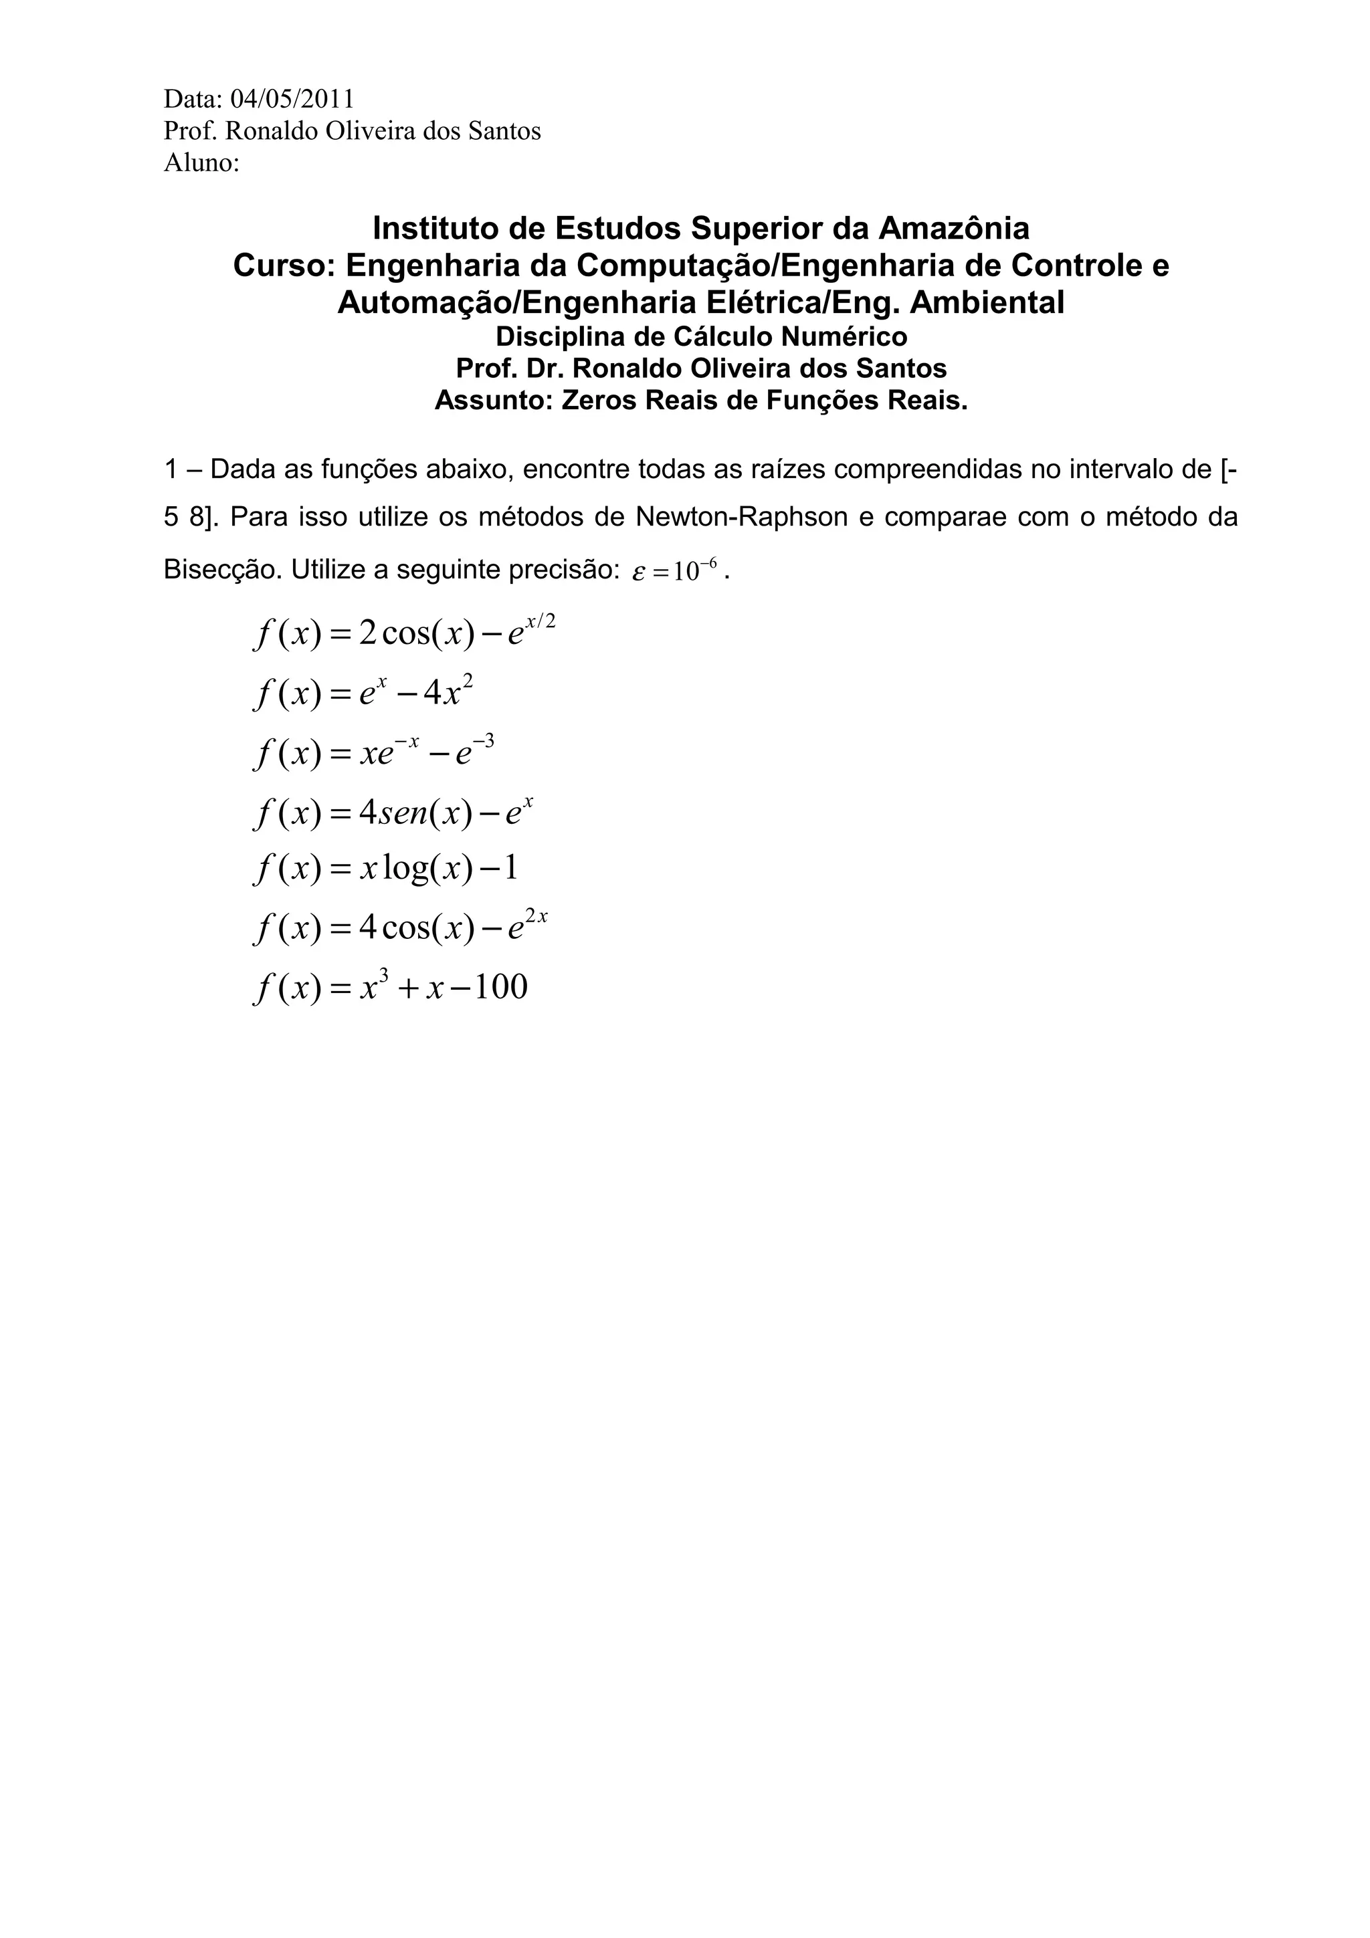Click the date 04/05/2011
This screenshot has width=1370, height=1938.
pos(292,100)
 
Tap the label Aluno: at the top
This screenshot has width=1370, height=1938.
pos(202,163)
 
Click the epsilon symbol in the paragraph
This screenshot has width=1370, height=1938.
pos(639,572)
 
